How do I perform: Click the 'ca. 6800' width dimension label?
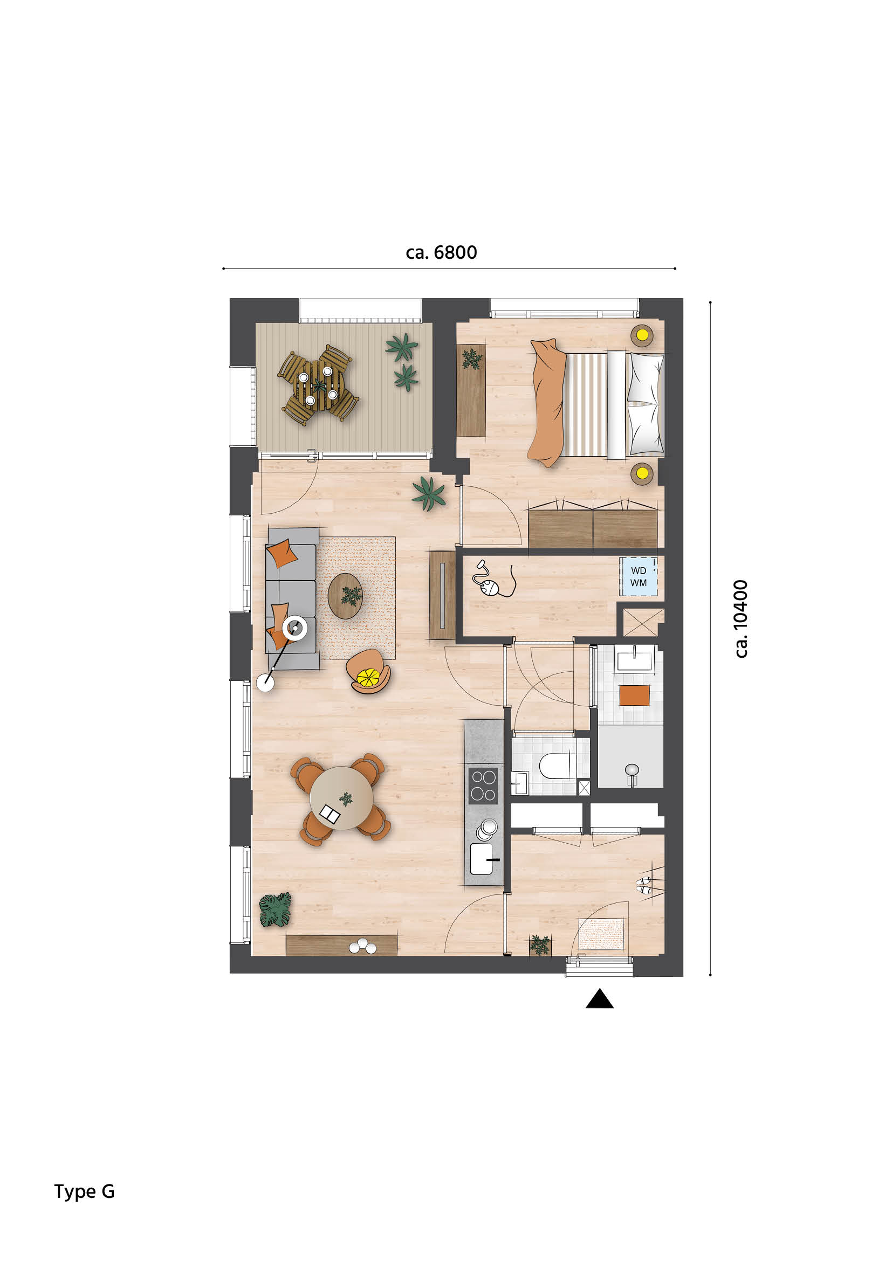(441, 252)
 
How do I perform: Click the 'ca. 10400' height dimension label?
(741, 618)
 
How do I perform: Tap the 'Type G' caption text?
(84, 1191)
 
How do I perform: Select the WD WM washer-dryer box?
(638, 577)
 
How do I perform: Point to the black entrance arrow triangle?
(599, 999)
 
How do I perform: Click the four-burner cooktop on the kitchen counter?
(483, 785)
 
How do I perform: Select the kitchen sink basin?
(481, 858)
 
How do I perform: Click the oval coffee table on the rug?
(345, 596)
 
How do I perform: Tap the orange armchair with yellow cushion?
(368, 672)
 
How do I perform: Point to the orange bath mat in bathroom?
(634, 695)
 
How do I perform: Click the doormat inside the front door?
(602, 934)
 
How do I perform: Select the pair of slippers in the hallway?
(644, 885)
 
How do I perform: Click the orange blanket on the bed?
(546, 403)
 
